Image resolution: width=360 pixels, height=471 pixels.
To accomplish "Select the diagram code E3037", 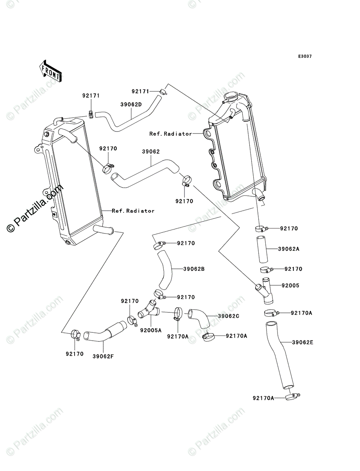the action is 305,57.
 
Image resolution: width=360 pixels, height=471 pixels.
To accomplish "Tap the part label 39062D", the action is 131,104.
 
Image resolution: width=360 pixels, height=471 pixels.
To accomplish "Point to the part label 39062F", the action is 103,356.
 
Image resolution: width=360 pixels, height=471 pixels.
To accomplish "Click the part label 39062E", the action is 303,342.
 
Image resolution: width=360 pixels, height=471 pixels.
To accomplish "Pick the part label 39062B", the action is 194,269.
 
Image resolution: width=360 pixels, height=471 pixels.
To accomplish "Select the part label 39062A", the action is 289,249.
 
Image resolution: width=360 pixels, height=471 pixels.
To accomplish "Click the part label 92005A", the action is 151,330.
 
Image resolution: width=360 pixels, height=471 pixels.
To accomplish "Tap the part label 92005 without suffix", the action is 290,285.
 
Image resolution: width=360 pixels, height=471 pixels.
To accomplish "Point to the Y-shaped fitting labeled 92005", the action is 265,291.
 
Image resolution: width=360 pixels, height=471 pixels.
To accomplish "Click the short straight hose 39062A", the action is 262,249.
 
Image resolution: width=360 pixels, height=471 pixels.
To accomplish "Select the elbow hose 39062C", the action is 198,319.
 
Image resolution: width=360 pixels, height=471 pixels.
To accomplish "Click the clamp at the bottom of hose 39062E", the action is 292,397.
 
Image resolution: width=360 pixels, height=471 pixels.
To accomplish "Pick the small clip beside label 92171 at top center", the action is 163,91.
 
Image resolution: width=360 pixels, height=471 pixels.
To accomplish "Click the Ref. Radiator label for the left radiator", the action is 133,211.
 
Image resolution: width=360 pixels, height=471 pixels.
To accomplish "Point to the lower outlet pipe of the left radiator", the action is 103,230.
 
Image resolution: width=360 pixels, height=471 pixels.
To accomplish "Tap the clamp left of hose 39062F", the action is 75,335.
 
